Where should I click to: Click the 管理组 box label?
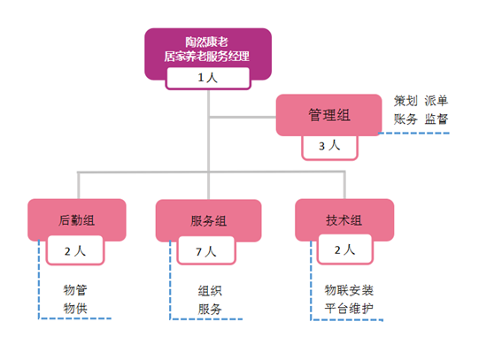click(329, 115)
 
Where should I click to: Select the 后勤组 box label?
click(76, 220)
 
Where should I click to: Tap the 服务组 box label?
click(208, 221)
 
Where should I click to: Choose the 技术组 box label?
click(343, 220)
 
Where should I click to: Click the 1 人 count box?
click(208, 78)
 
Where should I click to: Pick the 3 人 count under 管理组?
click(329, 146)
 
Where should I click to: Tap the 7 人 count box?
click(206, 252)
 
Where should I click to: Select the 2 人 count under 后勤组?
click(75, 251)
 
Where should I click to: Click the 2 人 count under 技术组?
click(344, 250)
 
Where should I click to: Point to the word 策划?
click(405, 101)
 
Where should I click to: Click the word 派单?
click(436, 101)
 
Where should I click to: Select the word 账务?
click(405, 119)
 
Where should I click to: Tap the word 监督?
click(436, 119)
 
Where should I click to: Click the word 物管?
click(75, 290)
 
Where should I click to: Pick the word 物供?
click(75, 309)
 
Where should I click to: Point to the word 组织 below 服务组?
click(210, 291)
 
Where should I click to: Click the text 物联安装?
click(349, 290)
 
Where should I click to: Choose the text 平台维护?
click(349, 309)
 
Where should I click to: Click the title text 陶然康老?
click(206, 42)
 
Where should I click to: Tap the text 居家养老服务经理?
click(206, 57)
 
